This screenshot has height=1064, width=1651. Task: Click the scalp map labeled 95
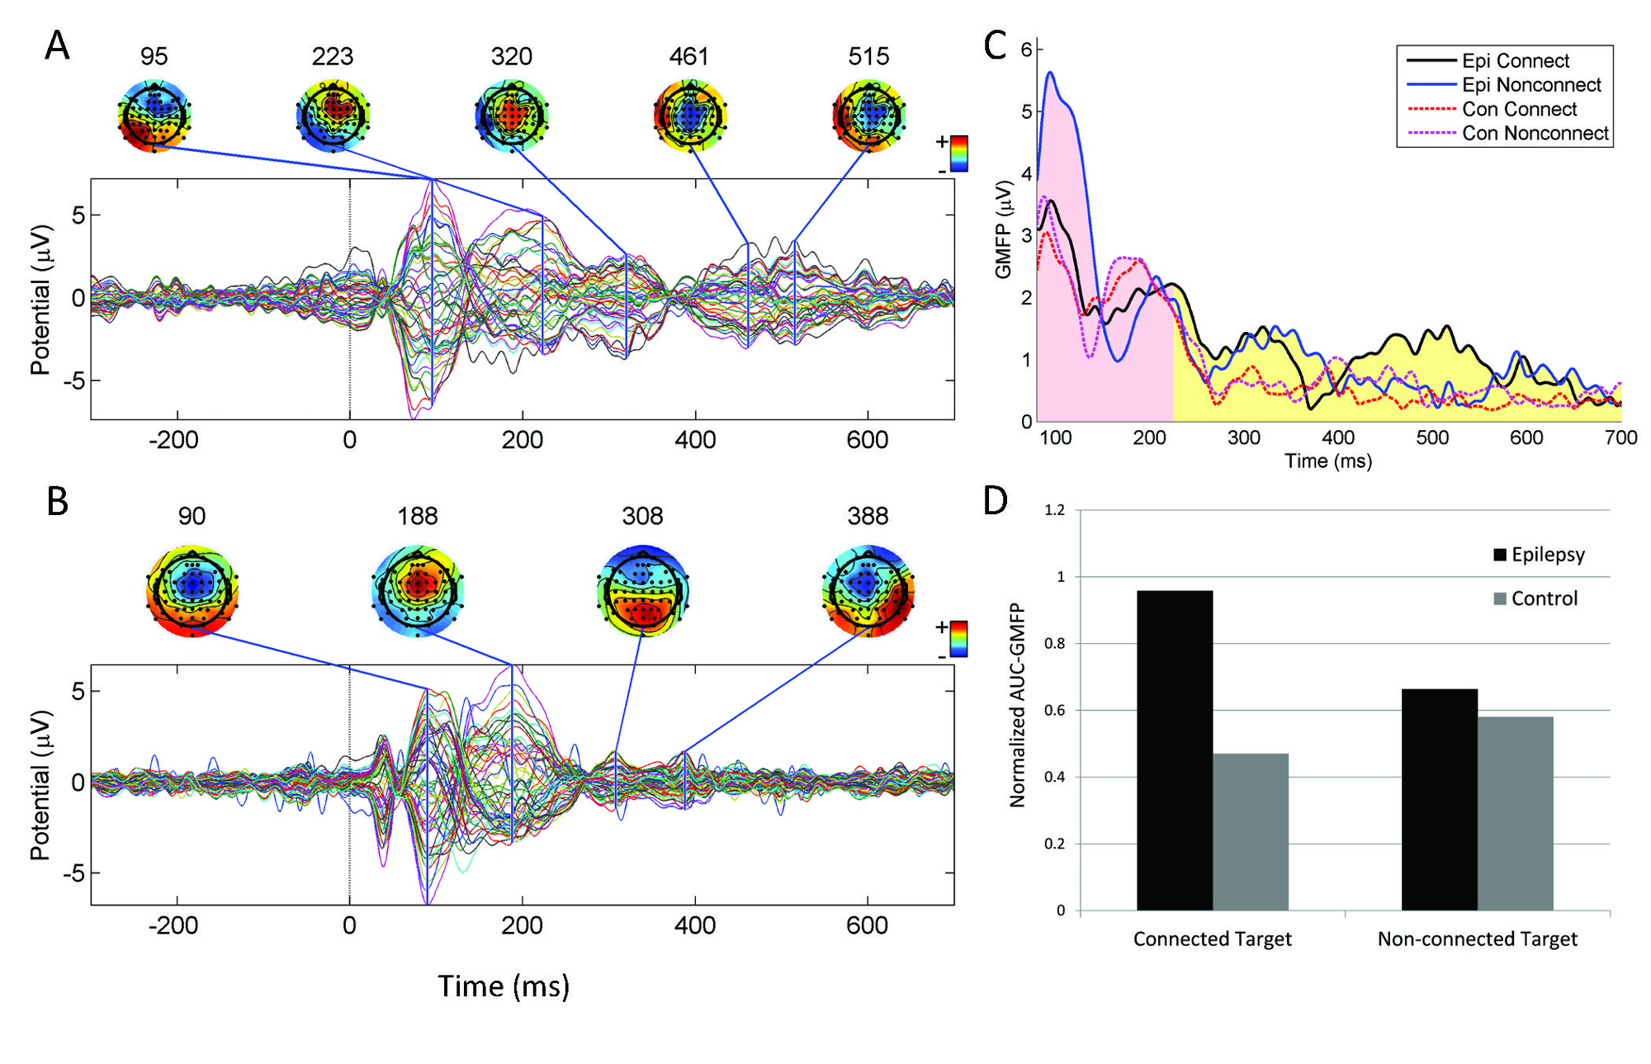click(x=154, y=116)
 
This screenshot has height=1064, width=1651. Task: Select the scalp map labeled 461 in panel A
click(x=689, y=116)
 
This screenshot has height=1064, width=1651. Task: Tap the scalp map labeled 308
click(x=642, y=591)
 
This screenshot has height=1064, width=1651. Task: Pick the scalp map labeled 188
click(x=418, y=591)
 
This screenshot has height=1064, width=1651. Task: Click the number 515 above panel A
click(x=868, y=57)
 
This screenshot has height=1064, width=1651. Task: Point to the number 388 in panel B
click(x=868, y=517)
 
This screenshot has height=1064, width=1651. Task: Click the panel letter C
click(x=996, y=45)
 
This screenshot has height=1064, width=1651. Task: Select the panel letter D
click(x=996, y=500)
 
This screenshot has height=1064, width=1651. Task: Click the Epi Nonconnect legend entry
click(x=1530, y=85)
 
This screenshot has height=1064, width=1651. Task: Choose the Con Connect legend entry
click(x=1518, y=109)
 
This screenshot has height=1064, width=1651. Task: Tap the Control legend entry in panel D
click(x=1543, y=598)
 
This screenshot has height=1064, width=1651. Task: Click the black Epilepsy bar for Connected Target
click(x=1175, y=750)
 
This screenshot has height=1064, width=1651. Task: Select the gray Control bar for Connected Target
click(x=1251, y=831)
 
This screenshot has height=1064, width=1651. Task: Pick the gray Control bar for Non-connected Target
click(x=1516, y=813)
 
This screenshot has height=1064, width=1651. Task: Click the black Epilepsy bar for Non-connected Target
click(x=1440, y=799)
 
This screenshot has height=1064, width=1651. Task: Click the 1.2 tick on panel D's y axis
click(x=1054, y=510)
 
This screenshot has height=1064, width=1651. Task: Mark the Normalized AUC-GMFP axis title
click(x=1017, y=705)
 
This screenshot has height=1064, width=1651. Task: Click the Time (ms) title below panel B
click(x=504, y=986)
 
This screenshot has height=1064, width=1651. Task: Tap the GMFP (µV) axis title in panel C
click(x=1004, y=229)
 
